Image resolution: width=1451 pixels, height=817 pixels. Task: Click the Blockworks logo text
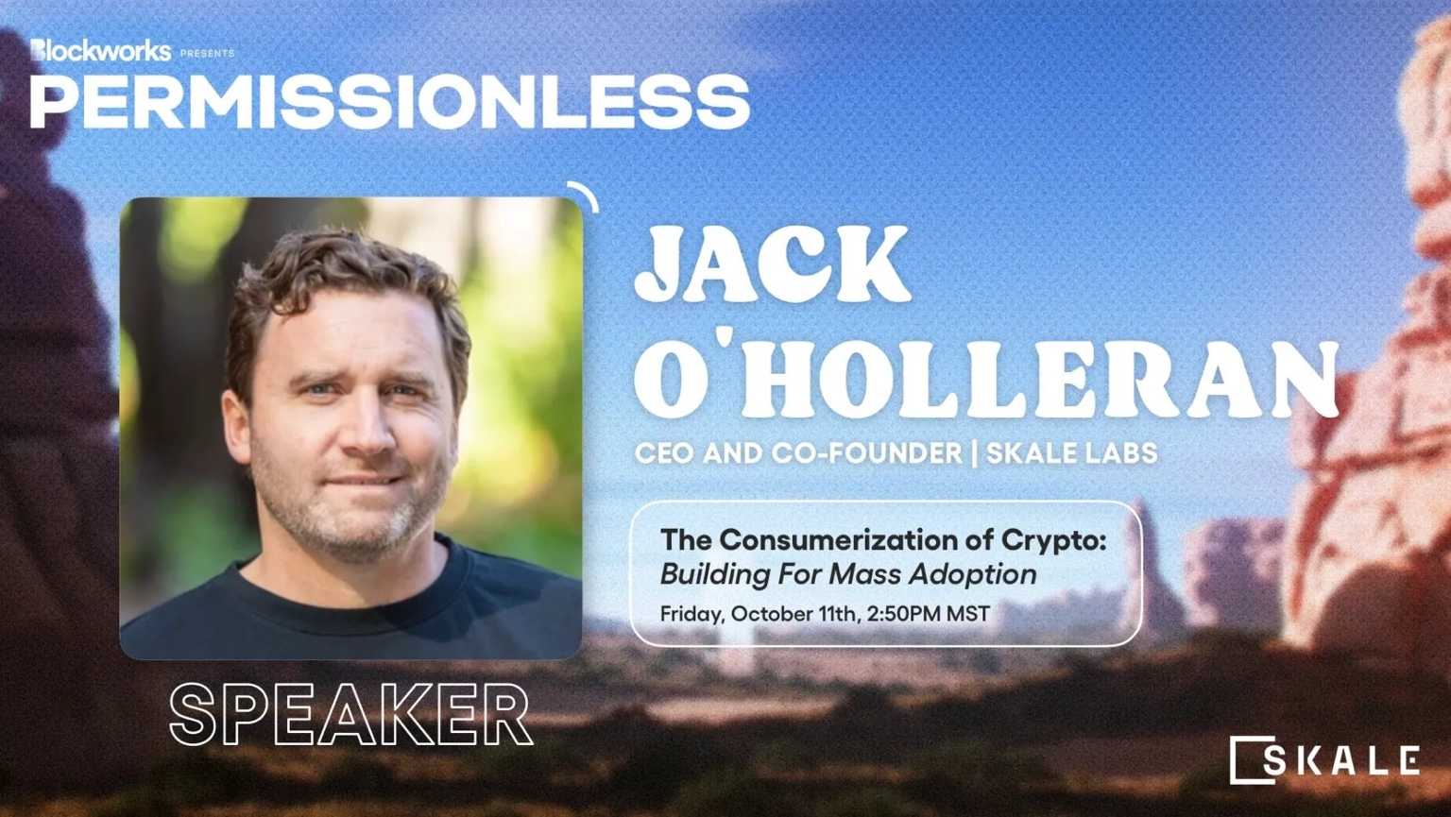pos(100,51)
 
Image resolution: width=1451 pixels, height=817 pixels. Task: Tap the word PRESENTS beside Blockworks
pos(207,53)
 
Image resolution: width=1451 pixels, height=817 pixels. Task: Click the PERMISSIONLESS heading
pos(390,102)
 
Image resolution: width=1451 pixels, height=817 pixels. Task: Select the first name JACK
pos(773,264)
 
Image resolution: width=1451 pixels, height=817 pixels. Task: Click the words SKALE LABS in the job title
pos(1071,452)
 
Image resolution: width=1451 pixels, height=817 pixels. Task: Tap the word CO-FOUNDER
pos(866,452)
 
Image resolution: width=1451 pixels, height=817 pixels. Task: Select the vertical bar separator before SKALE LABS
pos(974,452)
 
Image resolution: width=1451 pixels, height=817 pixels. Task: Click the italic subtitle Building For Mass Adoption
pos(848,575)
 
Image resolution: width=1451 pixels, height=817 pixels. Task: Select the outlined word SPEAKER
pos(351,715)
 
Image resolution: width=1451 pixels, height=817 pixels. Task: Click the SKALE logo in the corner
pos(1324,760)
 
